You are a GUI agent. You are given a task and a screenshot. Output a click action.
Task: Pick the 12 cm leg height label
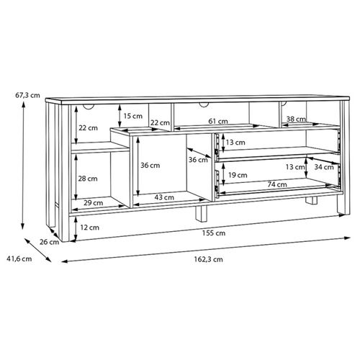coord(89,228)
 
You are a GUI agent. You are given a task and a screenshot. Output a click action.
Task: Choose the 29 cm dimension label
coord(93,204)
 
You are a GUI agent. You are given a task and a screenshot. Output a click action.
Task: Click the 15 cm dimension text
coord(132,116)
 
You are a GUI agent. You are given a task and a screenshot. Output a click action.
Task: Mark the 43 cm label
coord(165,197)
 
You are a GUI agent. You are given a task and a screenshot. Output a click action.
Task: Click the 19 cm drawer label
coord(237,175)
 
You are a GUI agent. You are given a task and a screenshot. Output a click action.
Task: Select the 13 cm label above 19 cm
coord(235,143)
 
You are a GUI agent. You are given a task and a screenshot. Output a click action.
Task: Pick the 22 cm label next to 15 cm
coord(160,122)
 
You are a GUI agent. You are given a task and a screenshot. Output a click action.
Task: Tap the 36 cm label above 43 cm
coord(150,165)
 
